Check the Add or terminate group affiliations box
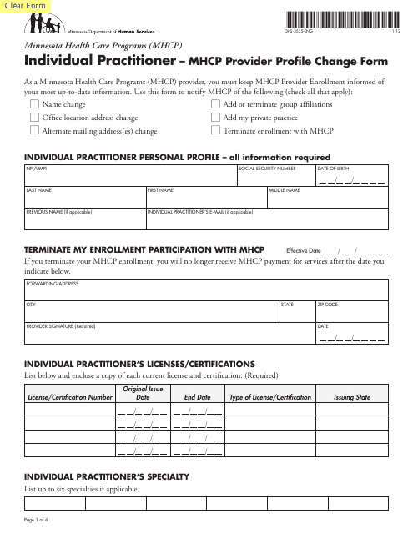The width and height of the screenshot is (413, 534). tap(216, 105)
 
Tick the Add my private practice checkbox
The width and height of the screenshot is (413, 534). tap(216, 118)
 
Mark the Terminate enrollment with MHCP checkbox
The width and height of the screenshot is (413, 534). tap(216, 131)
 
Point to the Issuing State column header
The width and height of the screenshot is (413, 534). tap(351, 397)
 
